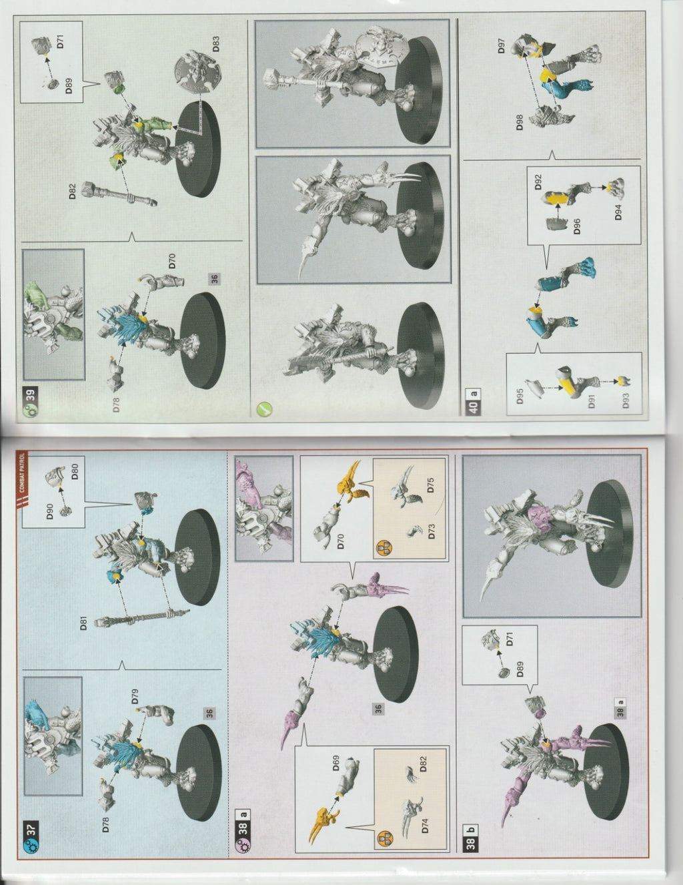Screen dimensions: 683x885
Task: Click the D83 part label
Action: coord(216,44)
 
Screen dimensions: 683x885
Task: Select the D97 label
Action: coord(502,46)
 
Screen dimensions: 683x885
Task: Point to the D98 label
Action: coord(520,121)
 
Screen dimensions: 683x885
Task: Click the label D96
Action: coord(577,226)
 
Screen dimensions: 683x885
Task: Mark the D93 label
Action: coord(626,400)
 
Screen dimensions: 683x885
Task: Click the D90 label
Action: coord(49,511)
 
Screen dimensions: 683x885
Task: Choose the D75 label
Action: coord(432,485)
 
